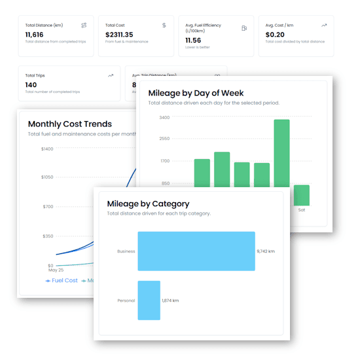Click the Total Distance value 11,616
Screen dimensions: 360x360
(35, 34)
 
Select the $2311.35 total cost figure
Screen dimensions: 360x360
(119, 34)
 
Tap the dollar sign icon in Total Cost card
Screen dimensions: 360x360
(164, 26)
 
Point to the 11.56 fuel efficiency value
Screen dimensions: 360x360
(193, 40)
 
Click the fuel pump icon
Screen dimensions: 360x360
(244, 28)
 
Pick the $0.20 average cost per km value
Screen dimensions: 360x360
(275, 34)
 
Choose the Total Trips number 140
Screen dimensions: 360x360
(32, 84)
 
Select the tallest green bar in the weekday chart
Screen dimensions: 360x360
(281, 162)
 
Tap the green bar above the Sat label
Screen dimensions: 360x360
(301, 195)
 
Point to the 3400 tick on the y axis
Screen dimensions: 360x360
(164, 118)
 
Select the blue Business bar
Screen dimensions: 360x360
(196, 251)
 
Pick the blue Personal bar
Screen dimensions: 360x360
(149, 300)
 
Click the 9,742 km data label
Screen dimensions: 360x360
(266, 251)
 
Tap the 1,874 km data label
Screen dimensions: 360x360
(170, 300)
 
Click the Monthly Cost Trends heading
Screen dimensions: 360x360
(70, 124)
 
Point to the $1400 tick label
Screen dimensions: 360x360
(47, 149)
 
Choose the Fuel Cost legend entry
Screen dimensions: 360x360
(62, 280)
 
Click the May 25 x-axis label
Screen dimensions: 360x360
(56, 270)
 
